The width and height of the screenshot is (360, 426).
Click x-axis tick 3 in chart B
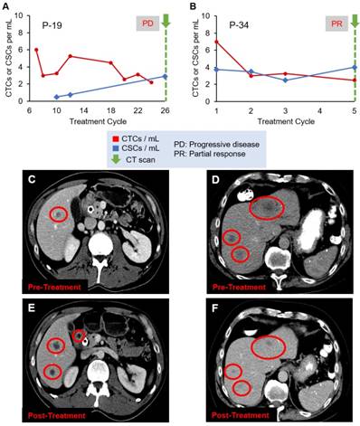(285, 110)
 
